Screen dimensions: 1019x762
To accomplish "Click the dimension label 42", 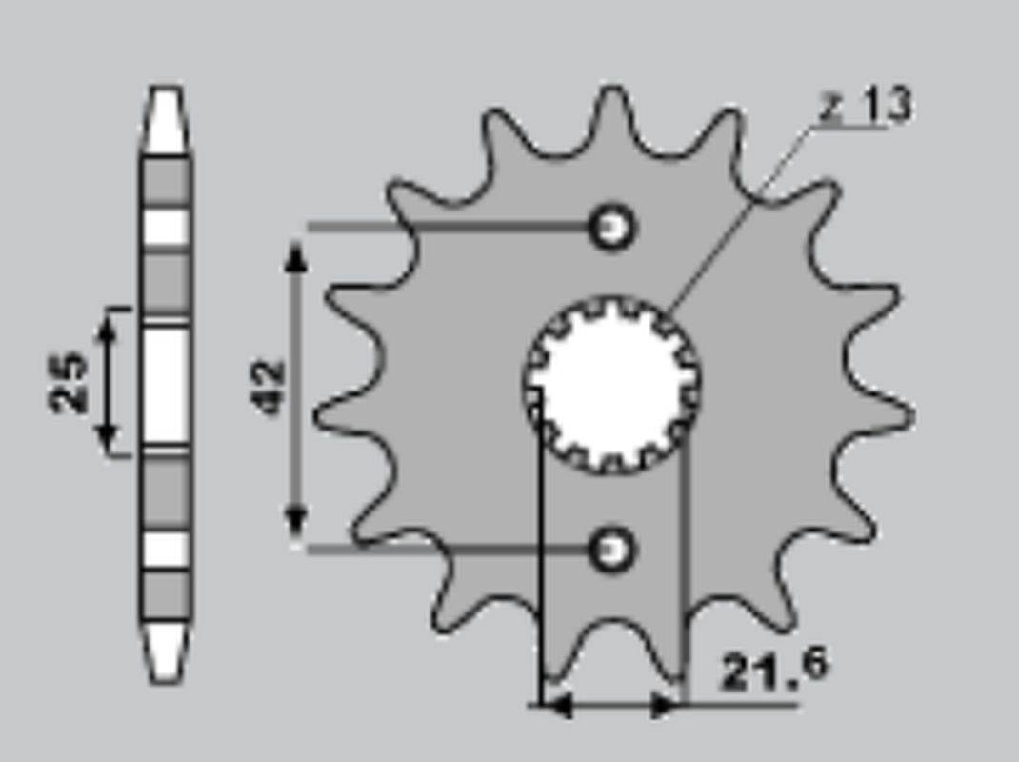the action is coord(269,387).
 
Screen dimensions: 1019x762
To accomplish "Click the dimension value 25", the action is coord(68,382).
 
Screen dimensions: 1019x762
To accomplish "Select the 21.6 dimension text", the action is coord(774,669).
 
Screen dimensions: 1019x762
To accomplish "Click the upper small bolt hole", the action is coord(610,228).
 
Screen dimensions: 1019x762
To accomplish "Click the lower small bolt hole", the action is coord(610,550).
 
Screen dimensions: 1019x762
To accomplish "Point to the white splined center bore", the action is coord(611,384).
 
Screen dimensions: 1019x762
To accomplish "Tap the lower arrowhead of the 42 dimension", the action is coord(296,520).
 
